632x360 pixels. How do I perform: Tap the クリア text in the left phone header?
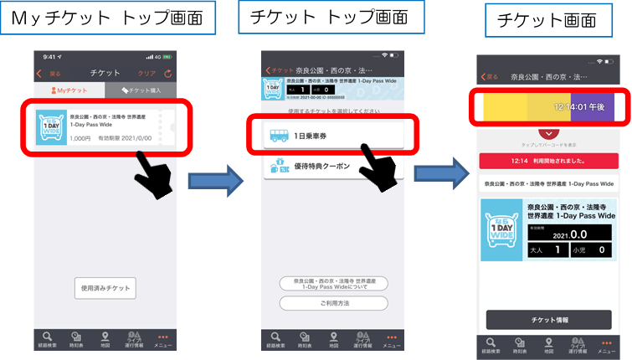click(x=147, y=73)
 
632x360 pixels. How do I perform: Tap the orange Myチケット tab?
click(x=69, y=90)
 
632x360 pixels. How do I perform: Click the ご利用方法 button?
click(x=334, y=303)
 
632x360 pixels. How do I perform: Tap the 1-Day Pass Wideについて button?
click(x=334, y=284)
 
